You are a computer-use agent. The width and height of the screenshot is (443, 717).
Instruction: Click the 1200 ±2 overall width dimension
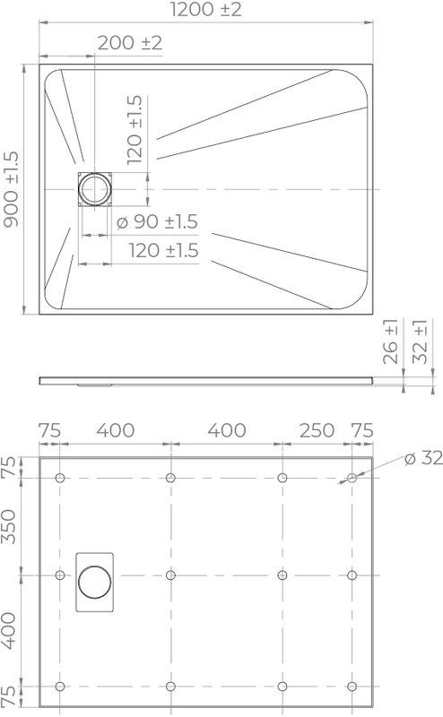205,12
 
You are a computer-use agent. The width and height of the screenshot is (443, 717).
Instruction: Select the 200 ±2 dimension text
129,43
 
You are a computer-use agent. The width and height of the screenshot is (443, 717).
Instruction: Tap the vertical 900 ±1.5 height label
13,189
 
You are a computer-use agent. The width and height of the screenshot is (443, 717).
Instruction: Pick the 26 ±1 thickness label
391,341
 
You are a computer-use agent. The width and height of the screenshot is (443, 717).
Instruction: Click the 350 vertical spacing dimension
12,526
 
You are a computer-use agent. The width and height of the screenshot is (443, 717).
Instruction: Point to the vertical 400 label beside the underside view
12,632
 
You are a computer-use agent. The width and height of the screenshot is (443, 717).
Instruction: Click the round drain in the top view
93,189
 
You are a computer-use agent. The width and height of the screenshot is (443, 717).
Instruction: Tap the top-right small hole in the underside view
352,478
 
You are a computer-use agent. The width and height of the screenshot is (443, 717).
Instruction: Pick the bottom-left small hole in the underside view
60,687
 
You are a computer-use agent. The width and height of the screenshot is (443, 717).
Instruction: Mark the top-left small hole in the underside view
60,478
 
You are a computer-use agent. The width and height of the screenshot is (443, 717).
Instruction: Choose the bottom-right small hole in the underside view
352,687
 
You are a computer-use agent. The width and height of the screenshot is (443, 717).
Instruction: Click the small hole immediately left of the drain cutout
60,574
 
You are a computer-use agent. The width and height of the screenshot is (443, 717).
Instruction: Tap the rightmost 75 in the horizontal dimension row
362,430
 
